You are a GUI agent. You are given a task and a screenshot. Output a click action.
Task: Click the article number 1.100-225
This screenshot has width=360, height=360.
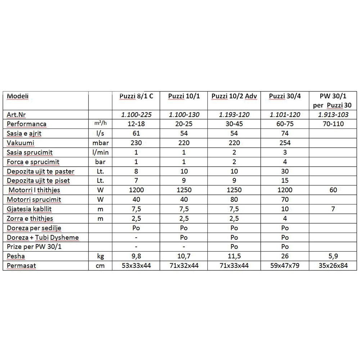136,115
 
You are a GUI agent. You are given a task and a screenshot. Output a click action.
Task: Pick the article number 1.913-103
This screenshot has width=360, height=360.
333,115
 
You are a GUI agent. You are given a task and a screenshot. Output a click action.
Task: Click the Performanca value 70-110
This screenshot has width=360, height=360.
333,124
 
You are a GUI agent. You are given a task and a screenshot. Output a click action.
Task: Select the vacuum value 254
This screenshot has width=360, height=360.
285,143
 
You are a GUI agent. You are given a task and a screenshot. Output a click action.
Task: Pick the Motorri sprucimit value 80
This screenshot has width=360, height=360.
234,200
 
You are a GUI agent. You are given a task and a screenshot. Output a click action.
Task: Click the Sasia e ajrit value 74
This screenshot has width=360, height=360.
285,134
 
